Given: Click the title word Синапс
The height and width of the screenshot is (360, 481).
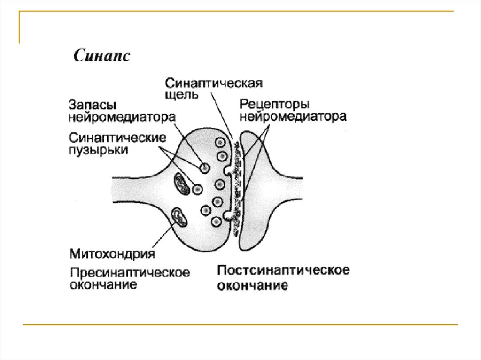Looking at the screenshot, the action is coord(101,56).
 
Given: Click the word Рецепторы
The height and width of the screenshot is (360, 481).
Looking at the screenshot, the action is coord(274,104).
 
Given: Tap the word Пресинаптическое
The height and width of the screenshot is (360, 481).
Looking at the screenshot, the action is coord(130,272).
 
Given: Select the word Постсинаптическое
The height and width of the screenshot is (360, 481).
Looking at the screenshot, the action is coord(284,270).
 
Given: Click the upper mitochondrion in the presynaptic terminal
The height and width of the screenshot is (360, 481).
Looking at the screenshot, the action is coord(182,184).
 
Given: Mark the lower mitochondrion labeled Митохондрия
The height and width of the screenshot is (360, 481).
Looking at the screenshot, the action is coord(180,217).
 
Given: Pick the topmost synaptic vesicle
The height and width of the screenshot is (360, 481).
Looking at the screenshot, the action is coord(221,142).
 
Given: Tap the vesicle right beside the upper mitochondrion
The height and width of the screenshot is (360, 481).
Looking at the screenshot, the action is coord(198,189).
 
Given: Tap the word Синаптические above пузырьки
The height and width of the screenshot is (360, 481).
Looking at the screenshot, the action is coord(118,138).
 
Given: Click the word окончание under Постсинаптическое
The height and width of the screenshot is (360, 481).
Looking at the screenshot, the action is coord(252,285).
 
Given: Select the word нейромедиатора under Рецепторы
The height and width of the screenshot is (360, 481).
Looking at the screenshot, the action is coord(293,116).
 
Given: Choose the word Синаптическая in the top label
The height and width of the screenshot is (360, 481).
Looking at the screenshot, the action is coord(213,83).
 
